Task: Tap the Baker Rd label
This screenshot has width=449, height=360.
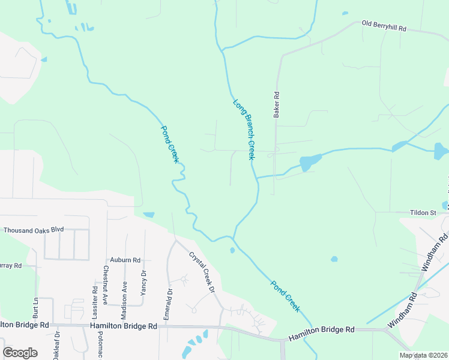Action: (x=277, y=104)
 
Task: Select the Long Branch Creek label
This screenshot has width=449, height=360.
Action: (x=244, y=129)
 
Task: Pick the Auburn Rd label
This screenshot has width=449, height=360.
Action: (x=128, y=260)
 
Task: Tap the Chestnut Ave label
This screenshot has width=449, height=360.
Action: (x=106, y=285)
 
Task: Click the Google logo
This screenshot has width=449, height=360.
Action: (x=20, y=353)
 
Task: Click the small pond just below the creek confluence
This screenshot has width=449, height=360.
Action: (x=232, y=250)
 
